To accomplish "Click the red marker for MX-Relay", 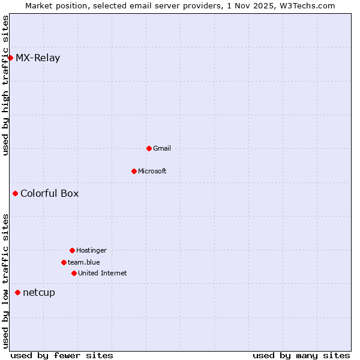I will point(10,58).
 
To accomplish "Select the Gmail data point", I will point(149,148).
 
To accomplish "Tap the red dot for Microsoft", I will point(134,171).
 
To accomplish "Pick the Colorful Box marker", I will point(15,193).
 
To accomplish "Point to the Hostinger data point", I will point(72,250).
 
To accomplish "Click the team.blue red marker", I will point(64,262).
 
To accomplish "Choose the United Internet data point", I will point(74,273).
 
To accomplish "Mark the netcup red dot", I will point(17,292).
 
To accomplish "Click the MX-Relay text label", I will point(38,58).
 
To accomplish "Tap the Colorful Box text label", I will point(49,193).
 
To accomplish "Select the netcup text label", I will point(39,293).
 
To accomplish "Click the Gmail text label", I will point(162,148).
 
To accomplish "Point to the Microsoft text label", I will point(152,171).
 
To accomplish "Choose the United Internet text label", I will point(103,273).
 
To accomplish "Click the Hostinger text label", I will point(91,250).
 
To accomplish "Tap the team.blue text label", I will point(84,262).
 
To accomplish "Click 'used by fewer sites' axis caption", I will point(62,355).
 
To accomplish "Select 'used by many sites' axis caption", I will point(301,355).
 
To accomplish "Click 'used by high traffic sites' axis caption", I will point(5,85).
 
